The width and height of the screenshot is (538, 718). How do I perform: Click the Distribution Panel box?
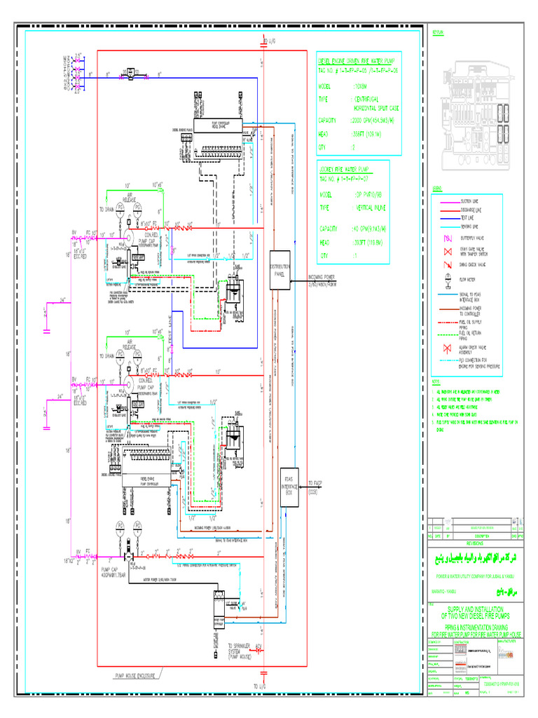[284, 270]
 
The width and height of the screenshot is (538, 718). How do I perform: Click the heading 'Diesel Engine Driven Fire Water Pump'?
[357, 60]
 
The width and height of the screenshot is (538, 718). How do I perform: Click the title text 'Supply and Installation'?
[476, 610]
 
